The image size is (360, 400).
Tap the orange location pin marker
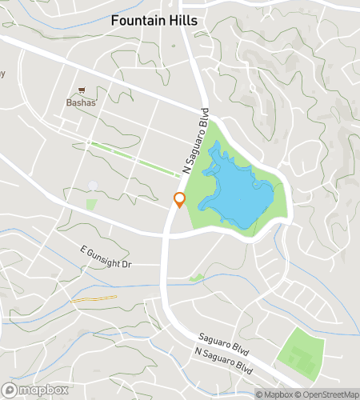(180, 200)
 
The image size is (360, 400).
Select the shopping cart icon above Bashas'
(82, 91)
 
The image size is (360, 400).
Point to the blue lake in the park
(236, 196)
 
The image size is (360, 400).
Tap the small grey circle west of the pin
(93, 186)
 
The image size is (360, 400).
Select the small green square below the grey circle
(90, 205)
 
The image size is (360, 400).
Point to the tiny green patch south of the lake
(196, 278)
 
